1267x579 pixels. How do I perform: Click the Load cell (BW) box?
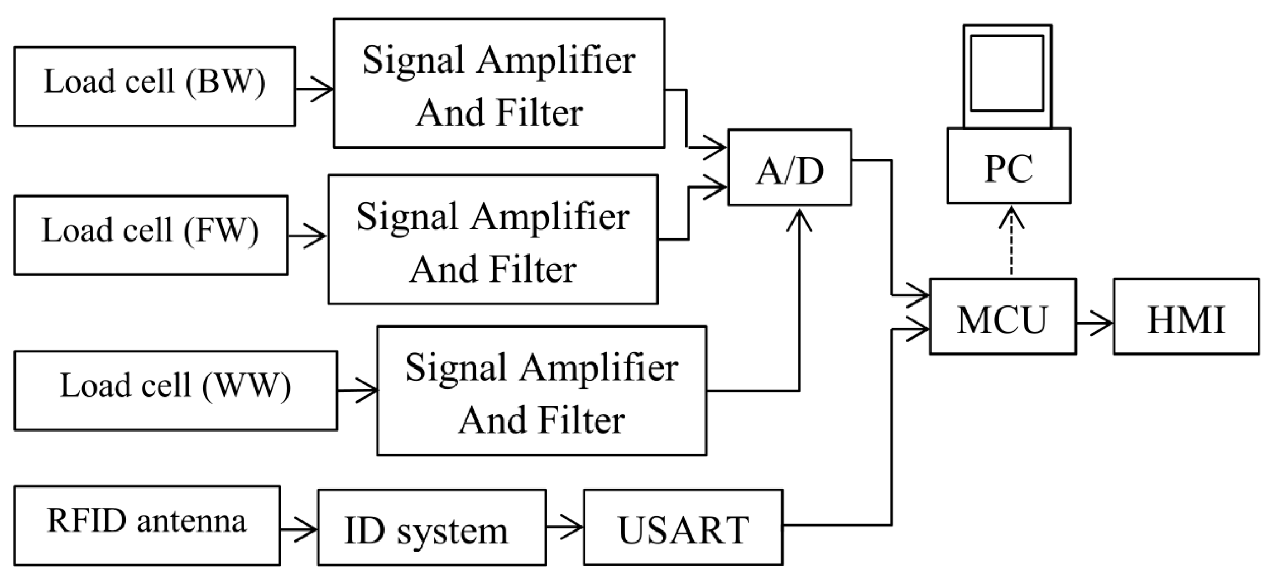coord(154,86)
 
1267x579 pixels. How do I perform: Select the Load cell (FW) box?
coord(151,235)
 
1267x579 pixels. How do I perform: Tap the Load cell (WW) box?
coord(175,390)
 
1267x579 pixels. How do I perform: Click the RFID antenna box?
coord(146,525)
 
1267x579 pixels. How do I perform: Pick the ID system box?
coord(431,527)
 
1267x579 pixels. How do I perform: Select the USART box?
coord(683,527)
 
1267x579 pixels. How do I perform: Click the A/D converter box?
coord(789,168)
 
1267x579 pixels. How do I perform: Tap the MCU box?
coord(1002,316)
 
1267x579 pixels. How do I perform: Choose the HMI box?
coord(1186,316)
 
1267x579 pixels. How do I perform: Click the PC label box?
coord(1008,166)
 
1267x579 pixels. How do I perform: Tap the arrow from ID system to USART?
coord(564,527)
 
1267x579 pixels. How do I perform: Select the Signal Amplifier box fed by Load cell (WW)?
coord(541,391)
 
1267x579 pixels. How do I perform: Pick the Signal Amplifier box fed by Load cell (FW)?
coord(492,240)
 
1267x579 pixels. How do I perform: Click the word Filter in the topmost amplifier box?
coord(539,113)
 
